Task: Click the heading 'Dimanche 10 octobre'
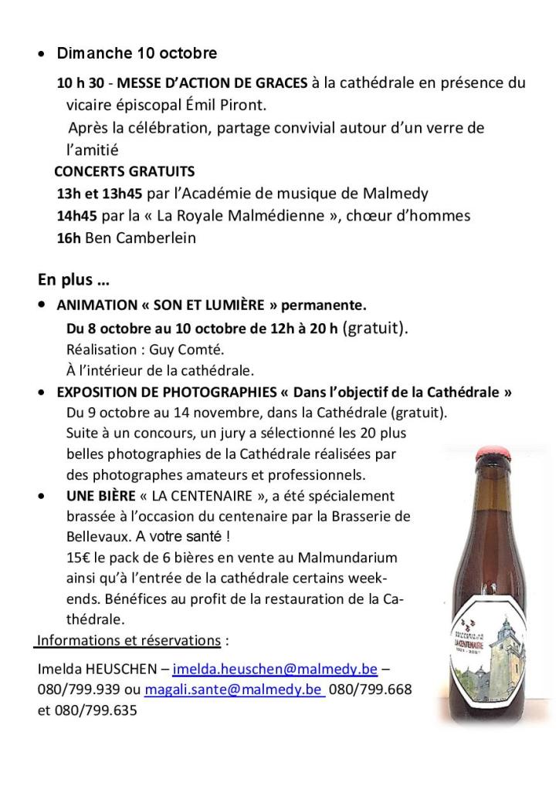[137, 54]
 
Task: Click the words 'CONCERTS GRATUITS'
[124, 171]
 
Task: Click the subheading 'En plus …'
[73, 279]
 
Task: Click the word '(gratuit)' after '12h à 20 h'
[374, 327]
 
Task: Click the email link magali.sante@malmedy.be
[234, 690]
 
